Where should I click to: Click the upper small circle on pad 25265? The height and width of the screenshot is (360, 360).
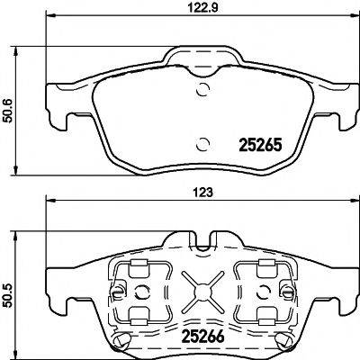(204, 89)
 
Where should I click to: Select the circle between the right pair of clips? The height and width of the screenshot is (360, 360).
(262, 292)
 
